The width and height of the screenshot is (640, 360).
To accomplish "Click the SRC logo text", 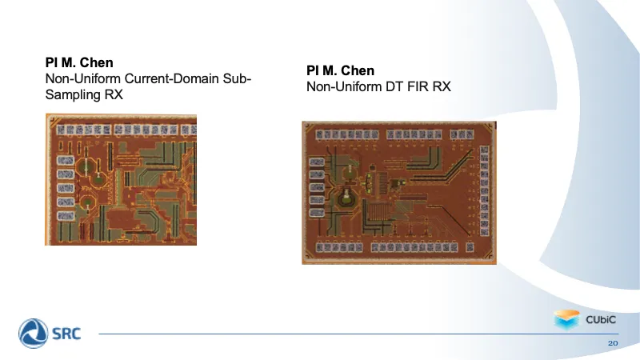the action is [66, 334].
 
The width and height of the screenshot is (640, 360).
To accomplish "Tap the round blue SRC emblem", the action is [34, 334].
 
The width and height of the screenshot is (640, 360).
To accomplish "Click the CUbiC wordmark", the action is [601, 319].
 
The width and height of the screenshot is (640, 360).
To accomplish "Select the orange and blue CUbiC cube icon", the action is [566, 319].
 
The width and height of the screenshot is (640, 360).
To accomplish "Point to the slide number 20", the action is [613, 343].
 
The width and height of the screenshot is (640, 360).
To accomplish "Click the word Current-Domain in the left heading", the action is [171, 78].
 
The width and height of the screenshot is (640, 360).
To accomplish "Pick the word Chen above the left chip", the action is [96, 62].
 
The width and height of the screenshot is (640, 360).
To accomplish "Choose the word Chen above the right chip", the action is [358, 70].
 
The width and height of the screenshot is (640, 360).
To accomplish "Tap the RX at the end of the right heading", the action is [442, 86].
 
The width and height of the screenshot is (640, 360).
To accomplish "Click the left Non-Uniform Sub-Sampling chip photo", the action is [121, 179].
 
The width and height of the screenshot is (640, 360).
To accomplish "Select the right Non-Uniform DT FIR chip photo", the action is [399, 193].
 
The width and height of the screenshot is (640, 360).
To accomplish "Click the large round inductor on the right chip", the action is [346, 198].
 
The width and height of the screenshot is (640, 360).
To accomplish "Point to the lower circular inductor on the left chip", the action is [87, 202].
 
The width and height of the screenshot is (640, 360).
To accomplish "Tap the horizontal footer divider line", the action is [358, 334].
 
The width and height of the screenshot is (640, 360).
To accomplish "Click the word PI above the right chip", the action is [312, 70].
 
